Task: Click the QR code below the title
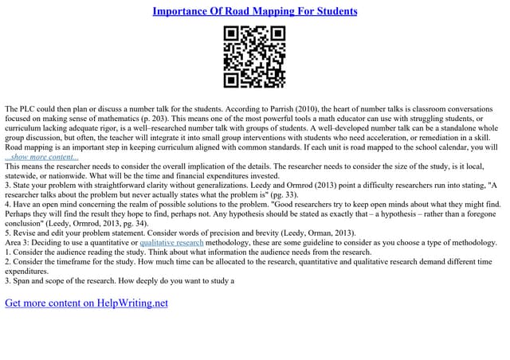click(255, 57)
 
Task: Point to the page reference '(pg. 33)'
click(262, 195)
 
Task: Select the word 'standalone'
click(449, 128)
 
